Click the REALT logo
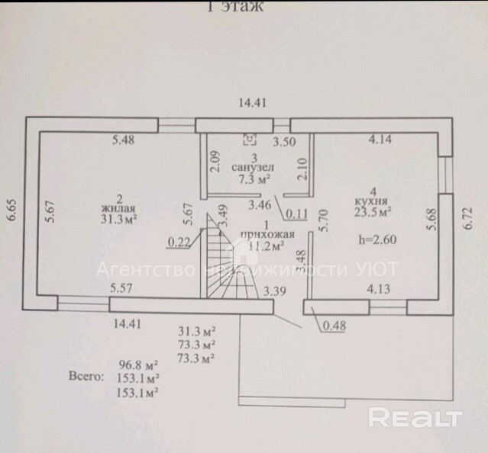[x=415, y=417]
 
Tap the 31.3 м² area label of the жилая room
[x=119, y=219]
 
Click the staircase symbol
[x=228, y=263]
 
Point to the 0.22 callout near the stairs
[x=179, y=243]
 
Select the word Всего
[x=85, y=377]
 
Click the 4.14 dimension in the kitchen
[x=380, y=140]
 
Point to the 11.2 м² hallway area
[x=267, y=246]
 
